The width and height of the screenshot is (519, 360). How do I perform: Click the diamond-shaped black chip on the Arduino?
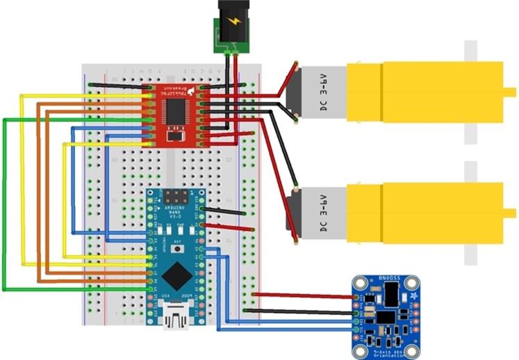tap(176, 278)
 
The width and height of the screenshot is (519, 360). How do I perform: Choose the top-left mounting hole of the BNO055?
tap(359, 282)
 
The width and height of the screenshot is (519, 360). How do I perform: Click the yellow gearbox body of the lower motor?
tap(424, 212)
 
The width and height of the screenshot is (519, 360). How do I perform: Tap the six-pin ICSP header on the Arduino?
tap(176, 195)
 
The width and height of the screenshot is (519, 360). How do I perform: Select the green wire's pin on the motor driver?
tap(149, 120)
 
